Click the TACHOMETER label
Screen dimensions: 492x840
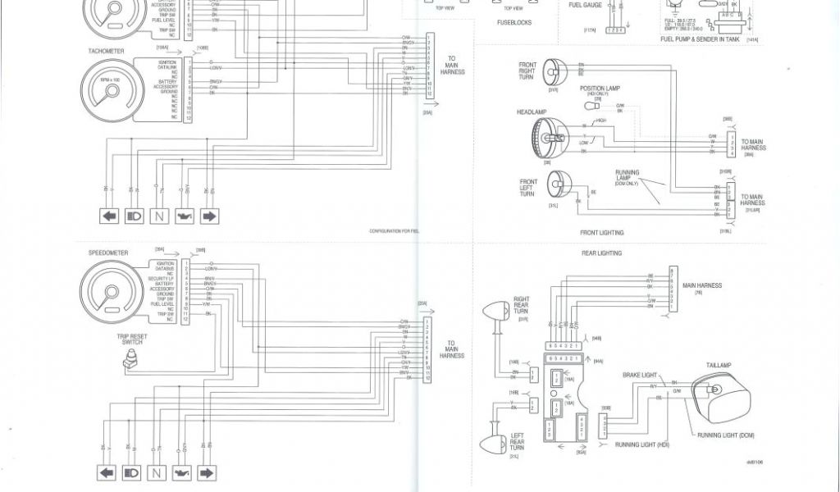pyautogui.click(x=106, y=51)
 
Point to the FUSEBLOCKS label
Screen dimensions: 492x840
pyautogui.click(x=514, y=23)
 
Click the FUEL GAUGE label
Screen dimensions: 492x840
pyautogui.click(x=585, y=5)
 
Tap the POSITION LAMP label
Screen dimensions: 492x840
pyautogui.click(x=599, y=89)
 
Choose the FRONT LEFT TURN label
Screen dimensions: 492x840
pyautogui.click(x=528, y=188)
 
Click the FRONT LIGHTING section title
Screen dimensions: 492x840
pyautogui.click(x=600, y=233)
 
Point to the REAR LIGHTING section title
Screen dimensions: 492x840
pyautogui.click(x=601, y=253)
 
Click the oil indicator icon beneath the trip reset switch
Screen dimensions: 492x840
pyautogui.click(x=182, y=473)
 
